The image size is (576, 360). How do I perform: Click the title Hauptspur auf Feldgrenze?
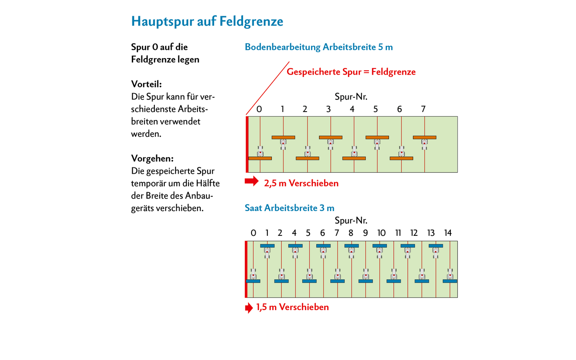click(207, 21)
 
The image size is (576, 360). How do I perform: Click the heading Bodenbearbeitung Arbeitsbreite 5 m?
click(319, 47)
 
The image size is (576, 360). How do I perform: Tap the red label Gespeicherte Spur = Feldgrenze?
click(351, 72)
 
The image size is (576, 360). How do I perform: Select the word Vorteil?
click(146, 84)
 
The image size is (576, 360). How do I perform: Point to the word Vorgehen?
click(152, 158)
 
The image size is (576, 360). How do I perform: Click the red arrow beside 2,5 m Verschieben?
click(252, 181)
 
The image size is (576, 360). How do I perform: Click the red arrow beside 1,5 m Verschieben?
click(249, 308)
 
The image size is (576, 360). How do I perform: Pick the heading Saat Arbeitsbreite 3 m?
click(289, 208)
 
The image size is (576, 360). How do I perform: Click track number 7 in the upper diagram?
click(423, 109)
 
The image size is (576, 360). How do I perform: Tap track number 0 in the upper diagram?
click(259, 109)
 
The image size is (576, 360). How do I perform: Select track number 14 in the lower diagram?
click(448, 233)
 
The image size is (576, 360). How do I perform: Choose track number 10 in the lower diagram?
click(381, 233)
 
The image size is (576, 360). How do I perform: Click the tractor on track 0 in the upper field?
click(260, 151)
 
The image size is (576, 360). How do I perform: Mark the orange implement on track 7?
click(424, 137)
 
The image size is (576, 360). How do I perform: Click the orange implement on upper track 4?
click(354, 158)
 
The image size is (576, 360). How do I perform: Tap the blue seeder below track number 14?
click(450, 281)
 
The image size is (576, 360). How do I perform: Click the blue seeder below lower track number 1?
click(267, 246)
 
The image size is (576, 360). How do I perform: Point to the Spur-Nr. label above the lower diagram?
click(351, 220)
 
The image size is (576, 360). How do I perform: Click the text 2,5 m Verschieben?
click(301, 183)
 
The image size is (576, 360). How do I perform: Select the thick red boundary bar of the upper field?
click(247, 144)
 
